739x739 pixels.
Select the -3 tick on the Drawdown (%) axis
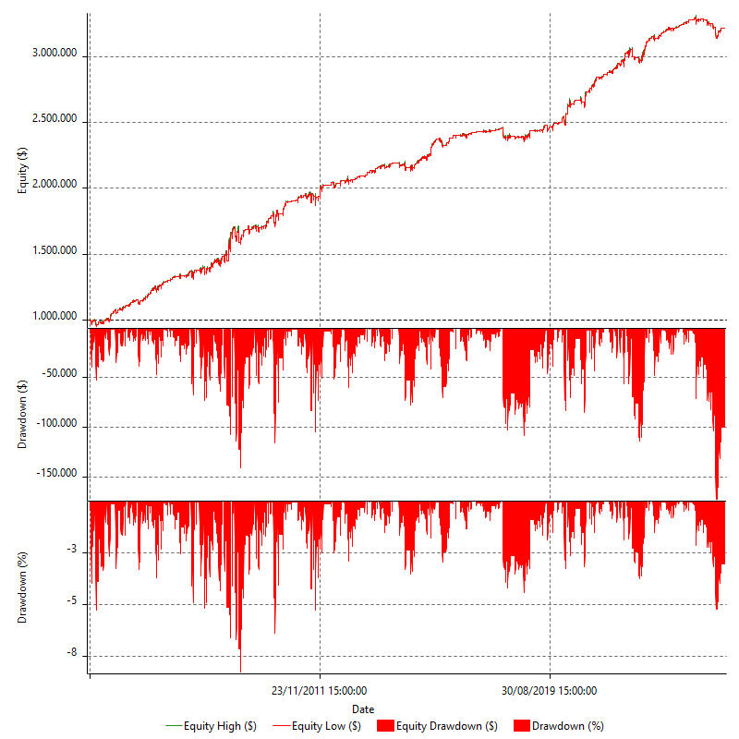point(72,552)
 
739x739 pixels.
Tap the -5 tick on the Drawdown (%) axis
point(72,604)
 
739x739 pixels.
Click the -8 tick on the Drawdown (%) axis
point(72,655)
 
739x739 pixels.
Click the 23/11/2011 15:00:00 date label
point(320,690)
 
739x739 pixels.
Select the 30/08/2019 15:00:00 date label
point(550,690)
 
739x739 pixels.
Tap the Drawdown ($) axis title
point(23,413)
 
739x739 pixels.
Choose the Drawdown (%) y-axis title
point(23,587)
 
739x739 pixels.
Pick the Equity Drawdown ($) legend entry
point(440,726)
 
